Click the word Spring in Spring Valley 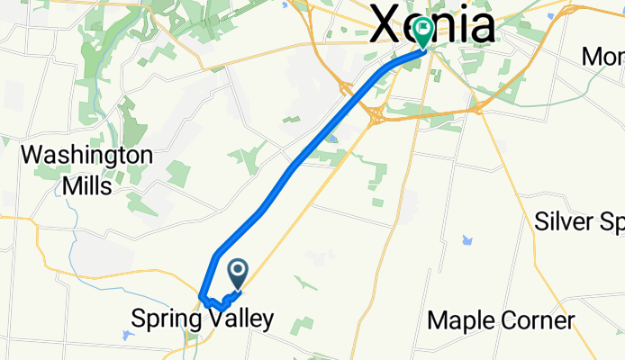click(x=166, y=319)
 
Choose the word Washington click(x=86, y=155)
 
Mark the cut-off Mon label click(x=603, y=57)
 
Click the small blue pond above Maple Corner click(x=466, y=240)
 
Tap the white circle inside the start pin click(x=240, y=268)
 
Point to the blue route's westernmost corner click(x=200, y=297)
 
